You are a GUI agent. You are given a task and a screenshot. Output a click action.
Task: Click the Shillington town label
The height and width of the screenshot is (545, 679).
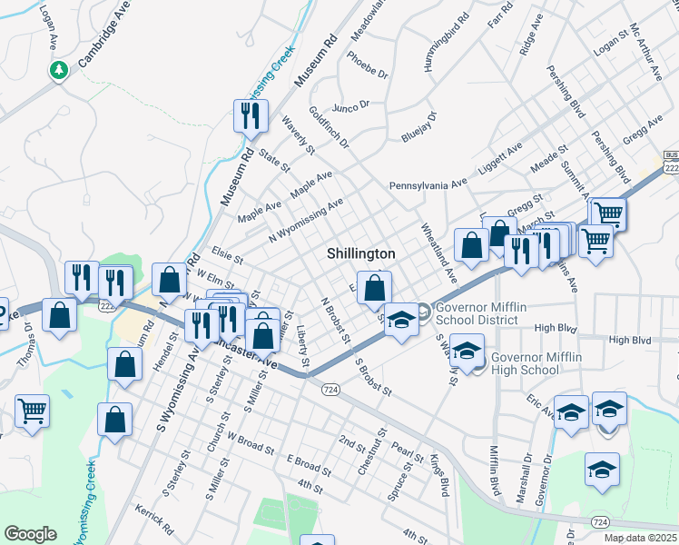click(361, 254)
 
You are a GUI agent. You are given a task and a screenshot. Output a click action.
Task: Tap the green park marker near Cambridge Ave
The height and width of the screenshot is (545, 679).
click(60, 69)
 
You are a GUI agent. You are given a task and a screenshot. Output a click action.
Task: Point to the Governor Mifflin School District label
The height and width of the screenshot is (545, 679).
click(480, 313)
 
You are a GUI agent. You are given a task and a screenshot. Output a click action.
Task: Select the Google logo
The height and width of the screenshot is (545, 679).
click(30, 534)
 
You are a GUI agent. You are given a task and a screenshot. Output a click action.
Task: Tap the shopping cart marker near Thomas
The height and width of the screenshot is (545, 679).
click(32, 411)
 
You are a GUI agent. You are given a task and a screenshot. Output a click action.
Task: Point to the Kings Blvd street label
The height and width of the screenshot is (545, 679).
click(438, 475)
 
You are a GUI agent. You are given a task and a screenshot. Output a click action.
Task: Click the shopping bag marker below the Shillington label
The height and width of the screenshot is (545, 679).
click(374, 288)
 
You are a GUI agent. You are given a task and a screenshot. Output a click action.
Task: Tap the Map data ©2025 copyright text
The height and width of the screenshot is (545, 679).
click(641, 538)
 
